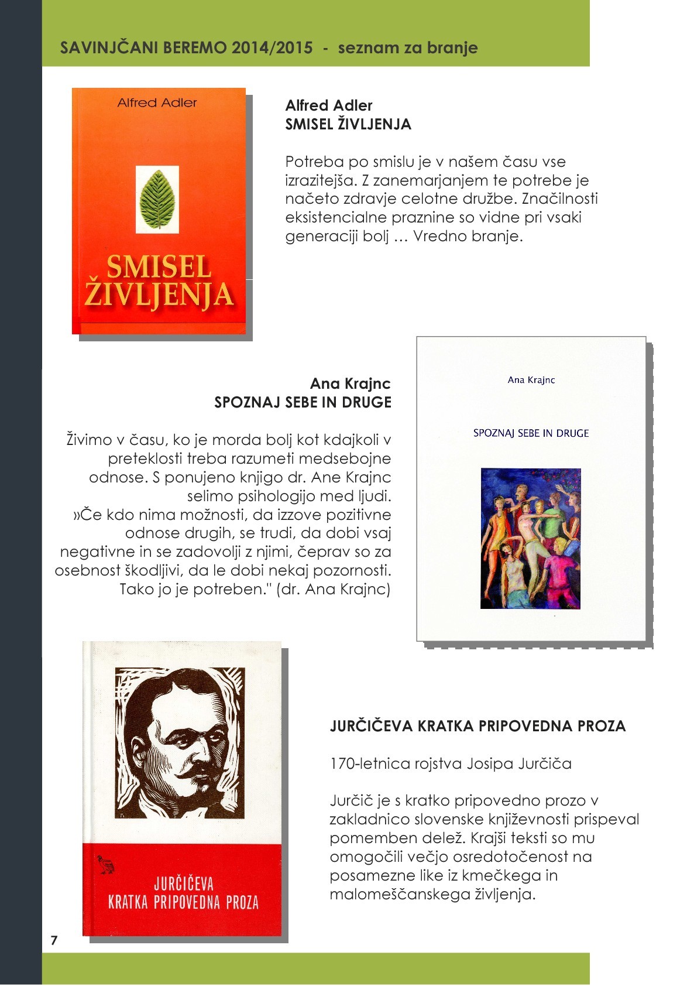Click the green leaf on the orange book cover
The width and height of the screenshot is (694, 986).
[x=157, y=199]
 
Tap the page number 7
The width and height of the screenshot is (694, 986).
[x=54, y=940]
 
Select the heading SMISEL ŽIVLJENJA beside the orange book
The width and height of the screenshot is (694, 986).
[x=348, y=124]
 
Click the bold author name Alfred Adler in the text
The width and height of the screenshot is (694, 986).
[x=329, y=105]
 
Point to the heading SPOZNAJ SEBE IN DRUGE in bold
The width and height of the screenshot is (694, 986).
[x=303, y=402]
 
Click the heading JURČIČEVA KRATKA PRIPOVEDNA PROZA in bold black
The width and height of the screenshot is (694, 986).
[x=477, y=726]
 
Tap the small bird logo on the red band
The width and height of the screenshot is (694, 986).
[x=106, y=864]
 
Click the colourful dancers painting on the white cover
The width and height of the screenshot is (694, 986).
[x=531, y=538]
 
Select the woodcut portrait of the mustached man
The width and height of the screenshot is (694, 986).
[x=180, y=742]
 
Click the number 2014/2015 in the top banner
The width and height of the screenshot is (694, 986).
[x=272, y=48]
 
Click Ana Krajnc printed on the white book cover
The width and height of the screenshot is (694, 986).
[x=531, y=380]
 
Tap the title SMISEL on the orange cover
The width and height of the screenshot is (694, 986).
[x=159, y=267]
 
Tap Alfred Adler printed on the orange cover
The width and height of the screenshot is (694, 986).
[x=157, y=103]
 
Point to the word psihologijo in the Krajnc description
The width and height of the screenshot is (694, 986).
[x=279, y=496]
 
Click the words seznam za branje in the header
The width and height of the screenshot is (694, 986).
[x=408, y=48]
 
